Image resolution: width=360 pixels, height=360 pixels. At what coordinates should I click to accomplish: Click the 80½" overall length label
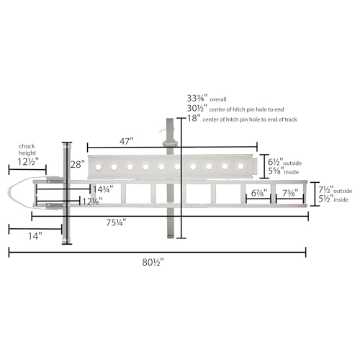153,262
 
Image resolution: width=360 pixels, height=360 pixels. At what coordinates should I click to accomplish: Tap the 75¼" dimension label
116,222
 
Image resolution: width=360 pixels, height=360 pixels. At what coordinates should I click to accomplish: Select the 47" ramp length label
126,141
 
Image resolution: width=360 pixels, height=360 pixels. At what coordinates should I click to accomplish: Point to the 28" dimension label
78,165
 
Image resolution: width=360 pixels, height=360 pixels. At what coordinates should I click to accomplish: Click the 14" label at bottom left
35,236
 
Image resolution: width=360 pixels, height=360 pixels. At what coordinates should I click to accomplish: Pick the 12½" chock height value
28,162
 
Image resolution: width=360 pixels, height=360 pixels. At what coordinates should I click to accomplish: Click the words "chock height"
27,150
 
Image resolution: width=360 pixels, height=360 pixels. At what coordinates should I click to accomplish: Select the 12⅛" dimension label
92,202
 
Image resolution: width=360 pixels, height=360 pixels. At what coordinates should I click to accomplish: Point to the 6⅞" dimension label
259,193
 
